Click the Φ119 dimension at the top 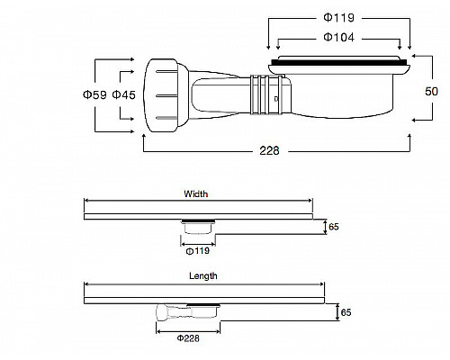[x=339, y=17]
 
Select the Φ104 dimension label [x=339, y=37]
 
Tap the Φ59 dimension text [x=94, y=94]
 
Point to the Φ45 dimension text [x=123, y=94]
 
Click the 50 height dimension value [x=431, y=91]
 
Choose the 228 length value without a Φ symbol [x=269, y=150]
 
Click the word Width [x=196, y=194]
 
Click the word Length [x=203, y=276]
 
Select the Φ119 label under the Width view [x=198, y=251]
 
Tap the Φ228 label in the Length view [x=188, y=338]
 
